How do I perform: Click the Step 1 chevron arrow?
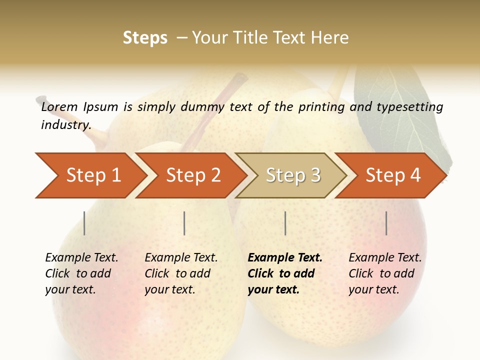(90, 175)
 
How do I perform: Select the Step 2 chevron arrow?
(191, 175)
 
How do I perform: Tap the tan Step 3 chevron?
(291, 175)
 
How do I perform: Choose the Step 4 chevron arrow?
(391, 175)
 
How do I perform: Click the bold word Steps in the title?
(145, 37)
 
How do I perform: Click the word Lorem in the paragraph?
(59, 106)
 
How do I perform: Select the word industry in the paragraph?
(65, 124)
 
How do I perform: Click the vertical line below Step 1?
(84, 223)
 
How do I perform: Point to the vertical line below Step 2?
(184, 223)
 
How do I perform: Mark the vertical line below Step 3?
(285, 223)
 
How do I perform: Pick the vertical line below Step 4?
(386, 223)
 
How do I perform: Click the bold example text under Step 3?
(284, 273)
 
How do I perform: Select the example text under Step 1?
(81, 273)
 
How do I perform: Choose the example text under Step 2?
(180, 273)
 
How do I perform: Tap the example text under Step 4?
(384, 273)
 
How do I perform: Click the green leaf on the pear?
(395, 110)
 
